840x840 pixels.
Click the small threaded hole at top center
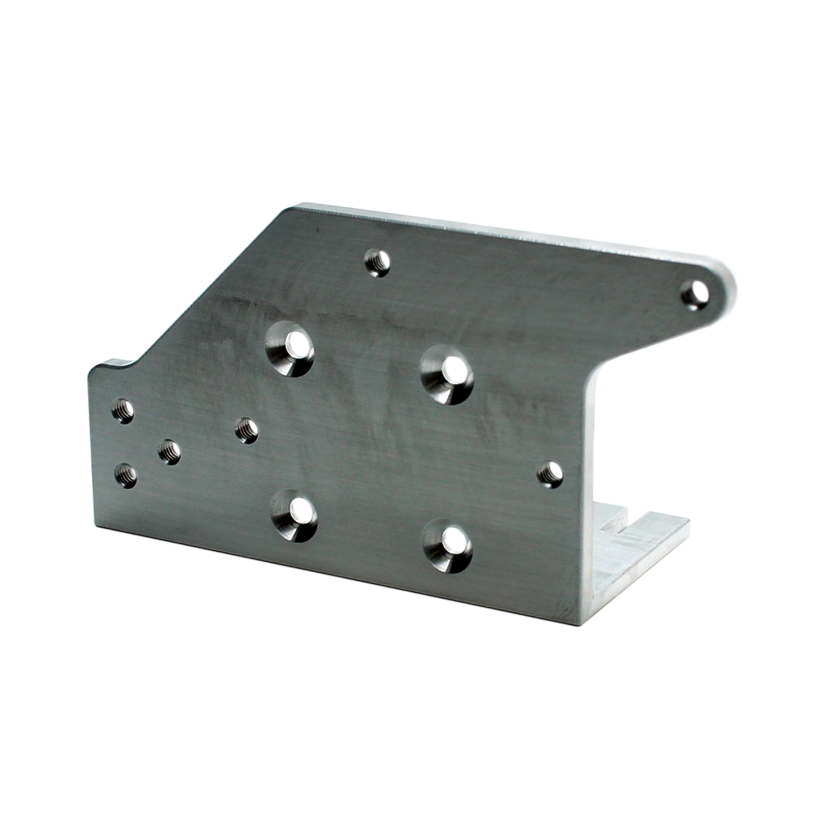pos(377,262)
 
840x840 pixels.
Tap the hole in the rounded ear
pos(695,295)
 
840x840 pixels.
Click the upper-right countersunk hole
pos(447,375)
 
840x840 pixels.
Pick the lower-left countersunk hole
pos(294,515)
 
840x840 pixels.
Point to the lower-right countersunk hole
pos(448,545)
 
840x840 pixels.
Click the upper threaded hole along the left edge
pos(123,411)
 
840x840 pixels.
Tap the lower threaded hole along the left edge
pos(125,476)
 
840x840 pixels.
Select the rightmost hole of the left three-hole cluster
pos(170,451)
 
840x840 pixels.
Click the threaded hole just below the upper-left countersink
pos(247,430)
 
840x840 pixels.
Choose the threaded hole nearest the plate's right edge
pos(550,474)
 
